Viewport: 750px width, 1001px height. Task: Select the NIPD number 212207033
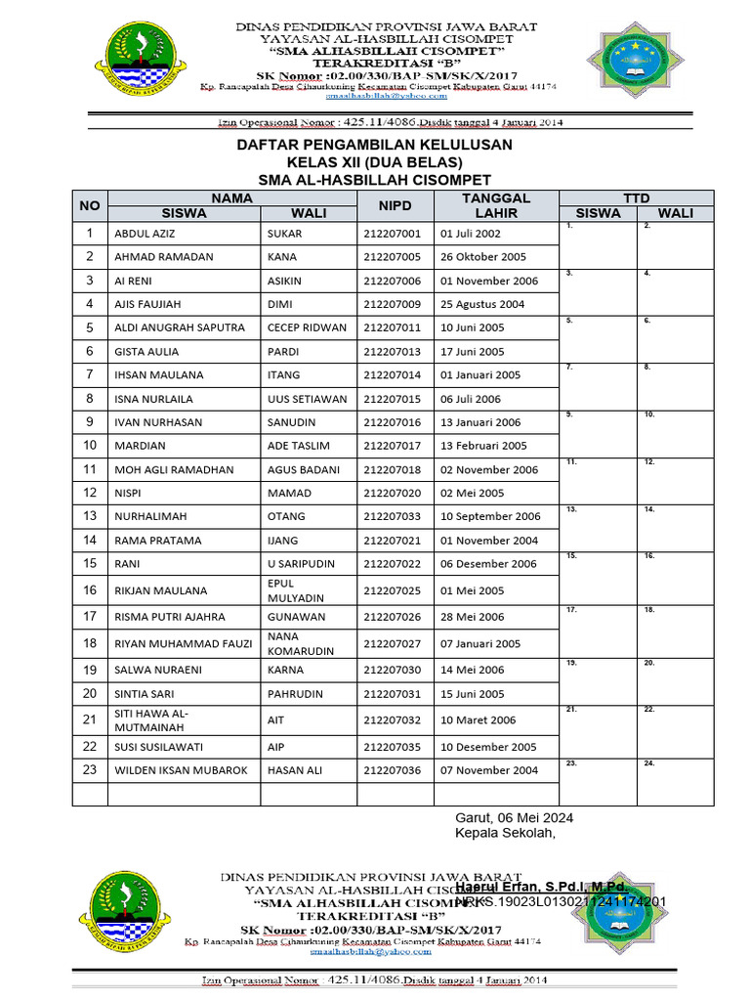click(x=392, y=516)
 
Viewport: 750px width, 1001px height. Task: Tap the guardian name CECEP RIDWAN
click(x=307, y=327)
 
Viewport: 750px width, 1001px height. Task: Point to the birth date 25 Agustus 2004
click(x=482, y=304)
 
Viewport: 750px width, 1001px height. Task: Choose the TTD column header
click(x=636, y=197)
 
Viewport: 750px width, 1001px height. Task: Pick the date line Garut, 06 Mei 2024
click(x=515, y=817)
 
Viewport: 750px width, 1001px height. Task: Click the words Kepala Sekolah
click(x=505, y=833)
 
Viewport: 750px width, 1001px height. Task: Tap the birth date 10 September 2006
click(x=490, y=516)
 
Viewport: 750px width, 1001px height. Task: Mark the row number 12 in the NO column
click(x=89, y=493)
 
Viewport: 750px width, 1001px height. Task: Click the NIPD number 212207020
click(x=392, y=493)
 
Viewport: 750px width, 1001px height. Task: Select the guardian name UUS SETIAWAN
click(x=307, y=399)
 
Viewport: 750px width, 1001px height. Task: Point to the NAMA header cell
click(x=232, y=197)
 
